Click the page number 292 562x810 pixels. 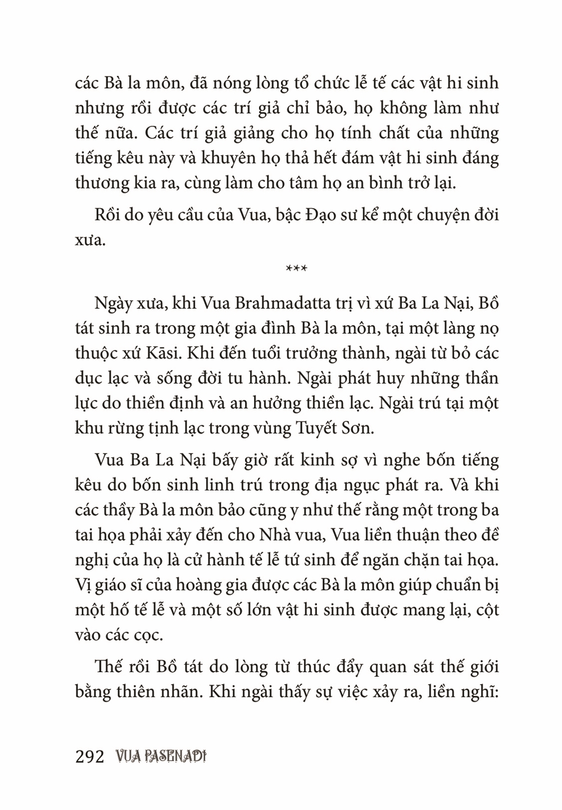pyautogui.click(x=90, y=757)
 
